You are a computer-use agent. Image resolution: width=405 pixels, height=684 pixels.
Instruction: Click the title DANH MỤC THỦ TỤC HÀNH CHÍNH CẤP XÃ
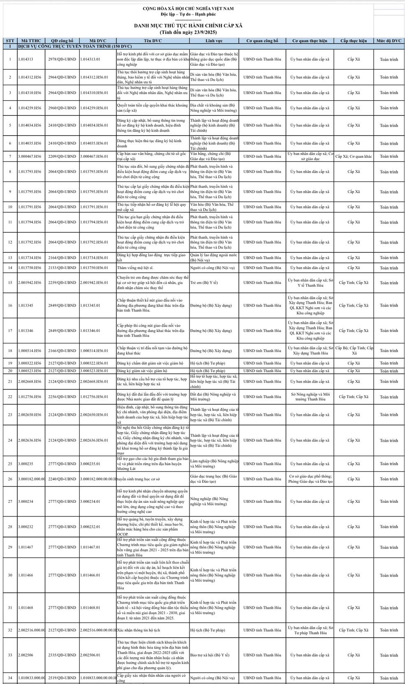tap(188, 25)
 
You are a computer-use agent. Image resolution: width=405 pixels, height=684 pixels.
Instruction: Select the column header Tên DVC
tap(153, 41)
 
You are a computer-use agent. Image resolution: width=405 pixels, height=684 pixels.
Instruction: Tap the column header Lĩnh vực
tap(214, 41)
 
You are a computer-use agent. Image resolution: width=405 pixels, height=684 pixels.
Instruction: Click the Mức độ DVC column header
tap(389, 41)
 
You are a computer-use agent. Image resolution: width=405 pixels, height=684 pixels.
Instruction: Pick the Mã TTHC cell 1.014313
tap(25, 60)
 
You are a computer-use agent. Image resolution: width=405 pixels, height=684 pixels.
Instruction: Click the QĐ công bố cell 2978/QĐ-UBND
tap(62, 60)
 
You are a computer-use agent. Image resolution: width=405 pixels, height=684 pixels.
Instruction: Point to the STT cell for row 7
tap(10, 157)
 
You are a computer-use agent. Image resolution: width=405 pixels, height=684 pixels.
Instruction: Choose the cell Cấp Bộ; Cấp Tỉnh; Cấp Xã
tap(354, 351)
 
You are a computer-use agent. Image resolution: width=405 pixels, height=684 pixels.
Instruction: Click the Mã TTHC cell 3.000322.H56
tap(30, 363)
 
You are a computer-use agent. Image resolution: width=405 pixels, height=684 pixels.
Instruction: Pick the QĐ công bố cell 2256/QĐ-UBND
tap(62, 397)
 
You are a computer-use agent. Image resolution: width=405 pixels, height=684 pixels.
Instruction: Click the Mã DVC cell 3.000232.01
tap(90, 527)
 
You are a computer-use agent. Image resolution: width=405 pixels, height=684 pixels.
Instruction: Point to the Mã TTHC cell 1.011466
tap(25, 575)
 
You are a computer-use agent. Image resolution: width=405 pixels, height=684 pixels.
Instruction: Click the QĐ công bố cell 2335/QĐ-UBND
tap(62, 655)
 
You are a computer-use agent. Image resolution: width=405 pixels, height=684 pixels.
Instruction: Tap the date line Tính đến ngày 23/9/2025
tap(188, 32)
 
